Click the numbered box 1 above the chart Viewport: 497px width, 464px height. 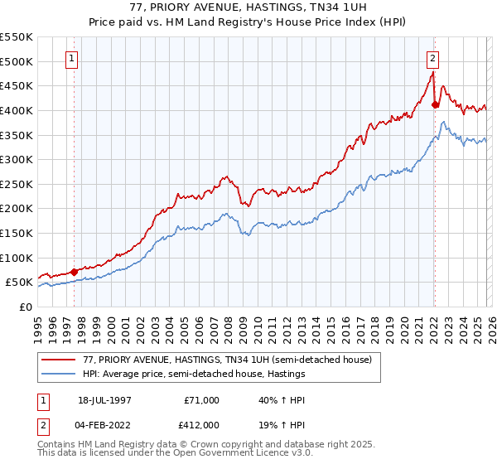point(74,58)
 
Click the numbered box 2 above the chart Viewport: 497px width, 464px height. point(433,58)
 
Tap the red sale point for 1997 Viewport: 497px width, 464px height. point(75,271)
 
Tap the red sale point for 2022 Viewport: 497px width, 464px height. point(435,104)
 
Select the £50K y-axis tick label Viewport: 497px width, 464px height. point(20,283)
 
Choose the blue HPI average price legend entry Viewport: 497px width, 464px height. point(194,375)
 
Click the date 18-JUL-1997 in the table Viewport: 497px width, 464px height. point(106,399)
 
